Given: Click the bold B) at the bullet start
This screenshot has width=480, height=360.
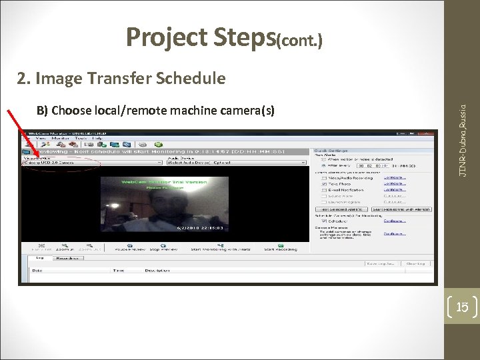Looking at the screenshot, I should coord(42,109).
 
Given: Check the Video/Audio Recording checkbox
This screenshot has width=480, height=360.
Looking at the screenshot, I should coord(323,178).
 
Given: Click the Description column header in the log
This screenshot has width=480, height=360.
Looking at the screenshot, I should coord(157,270).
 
